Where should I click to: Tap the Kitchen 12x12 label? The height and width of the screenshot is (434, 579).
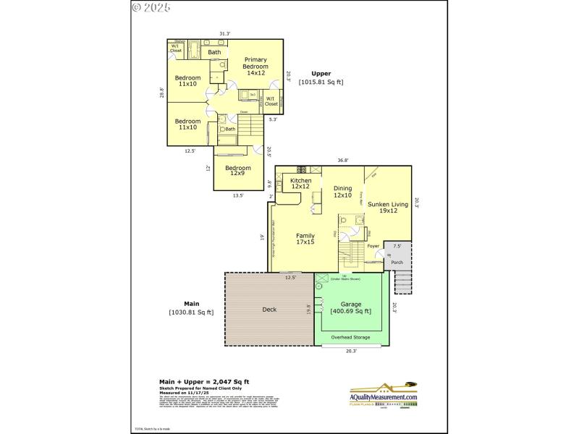click(x=300, y=184)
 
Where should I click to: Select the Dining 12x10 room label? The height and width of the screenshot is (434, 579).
click(x=342, y=192)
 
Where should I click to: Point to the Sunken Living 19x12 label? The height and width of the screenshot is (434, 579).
click(x=388, y=208)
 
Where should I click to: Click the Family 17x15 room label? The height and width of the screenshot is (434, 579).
click(x=305, y=239)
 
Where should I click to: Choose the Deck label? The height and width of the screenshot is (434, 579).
click(x=269, y=310)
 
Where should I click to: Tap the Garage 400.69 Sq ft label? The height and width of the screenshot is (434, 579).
click(x=350, y=307)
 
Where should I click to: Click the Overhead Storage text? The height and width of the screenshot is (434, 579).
click(x=350, y=337)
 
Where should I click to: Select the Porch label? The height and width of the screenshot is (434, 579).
click(x=397, y=263)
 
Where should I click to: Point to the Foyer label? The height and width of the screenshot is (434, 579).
click(x=373, y=247)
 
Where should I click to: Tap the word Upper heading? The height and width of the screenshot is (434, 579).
click(x=321, y=74)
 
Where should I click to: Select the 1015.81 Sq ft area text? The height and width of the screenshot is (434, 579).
click(x=321, y=82)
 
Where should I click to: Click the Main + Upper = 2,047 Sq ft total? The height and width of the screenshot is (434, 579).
click(x=204, y=381)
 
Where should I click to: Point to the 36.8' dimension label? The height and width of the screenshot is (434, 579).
click(x=342, y=161)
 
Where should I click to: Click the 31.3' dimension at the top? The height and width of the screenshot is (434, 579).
click(x=224, y=33)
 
